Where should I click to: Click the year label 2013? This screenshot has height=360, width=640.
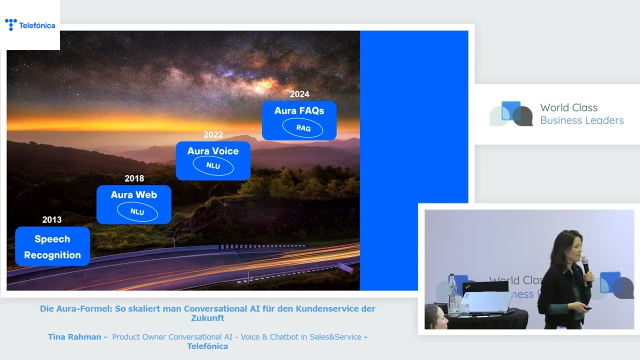[x=51, y=219]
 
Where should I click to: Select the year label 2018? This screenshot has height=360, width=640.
[x=134, y=178]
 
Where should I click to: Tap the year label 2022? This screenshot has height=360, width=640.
[x=213, y=134]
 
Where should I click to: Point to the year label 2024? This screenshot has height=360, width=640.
[x=299, y=94]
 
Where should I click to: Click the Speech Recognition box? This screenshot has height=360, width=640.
[x=52, y=246]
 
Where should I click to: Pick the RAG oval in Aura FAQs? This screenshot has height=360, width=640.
[x=302, y=128]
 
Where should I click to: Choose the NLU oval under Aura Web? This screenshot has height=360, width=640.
[x=137, y=211]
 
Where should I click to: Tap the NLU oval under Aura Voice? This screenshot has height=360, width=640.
[x=213, y=165]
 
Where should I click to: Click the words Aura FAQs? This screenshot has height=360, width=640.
[x=299, y=110]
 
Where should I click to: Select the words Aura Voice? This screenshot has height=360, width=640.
[x=213, y=151]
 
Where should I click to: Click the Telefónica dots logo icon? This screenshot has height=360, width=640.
[x=11, y=24]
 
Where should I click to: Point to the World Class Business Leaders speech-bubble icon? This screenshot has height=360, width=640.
[x=511, y=113]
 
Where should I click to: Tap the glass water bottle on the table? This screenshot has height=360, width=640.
[x=452, y=295]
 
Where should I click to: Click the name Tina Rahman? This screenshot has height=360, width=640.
[x=74, y=337]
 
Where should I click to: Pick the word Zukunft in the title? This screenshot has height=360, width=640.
[x=207, y=318]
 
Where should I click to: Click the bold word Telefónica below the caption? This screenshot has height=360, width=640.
[x=207, y=346]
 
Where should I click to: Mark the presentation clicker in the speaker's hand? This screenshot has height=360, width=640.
[x=587, y=308]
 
